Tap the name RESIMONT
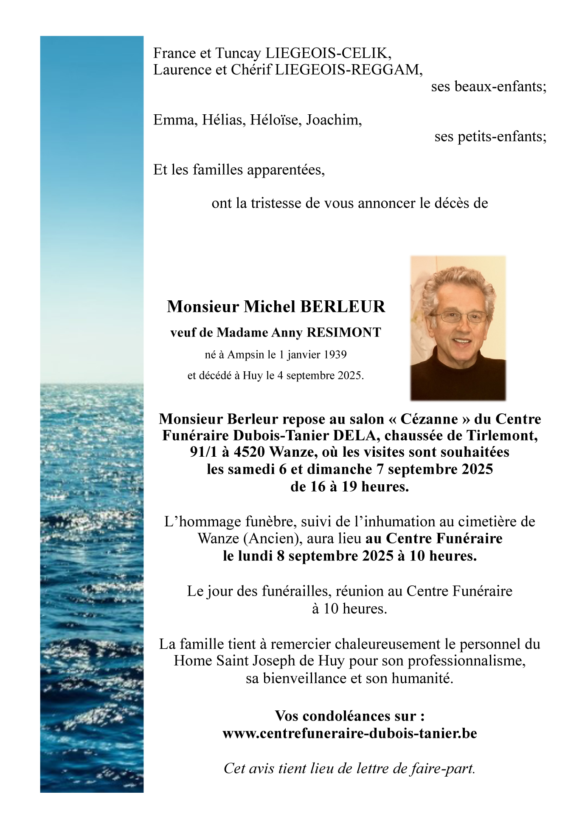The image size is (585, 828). coord(344,333)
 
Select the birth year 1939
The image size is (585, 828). coord(336,355)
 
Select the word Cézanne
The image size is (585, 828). coord(429,419)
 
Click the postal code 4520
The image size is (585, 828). coord(250,452)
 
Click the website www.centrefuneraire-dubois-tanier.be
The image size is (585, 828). coord(349,733)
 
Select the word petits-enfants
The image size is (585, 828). coord(502,137)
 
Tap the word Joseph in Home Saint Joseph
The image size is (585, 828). coord(275,661)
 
